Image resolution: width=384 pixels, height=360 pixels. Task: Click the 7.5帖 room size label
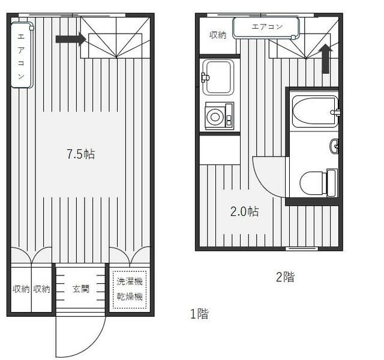tap(80, 154)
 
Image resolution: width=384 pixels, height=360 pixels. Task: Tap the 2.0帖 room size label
tap(244, 212)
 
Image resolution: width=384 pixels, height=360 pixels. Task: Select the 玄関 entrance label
tap(80, 289)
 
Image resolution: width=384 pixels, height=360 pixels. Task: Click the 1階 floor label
tap(199, 314)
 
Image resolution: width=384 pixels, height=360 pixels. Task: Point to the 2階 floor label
tap(286, 277)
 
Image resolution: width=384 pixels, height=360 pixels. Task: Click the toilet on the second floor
tap(319, 183)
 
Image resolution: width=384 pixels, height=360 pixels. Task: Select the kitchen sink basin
tap(218, 77)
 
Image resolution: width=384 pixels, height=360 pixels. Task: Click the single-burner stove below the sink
tap(219, 116)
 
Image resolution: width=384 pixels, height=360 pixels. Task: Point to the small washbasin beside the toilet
tap(334, 146)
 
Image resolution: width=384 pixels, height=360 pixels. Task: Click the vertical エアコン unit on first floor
tap(22, 55)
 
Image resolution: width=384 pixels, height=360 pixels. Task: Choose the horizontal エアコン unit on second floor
tap(266, 28)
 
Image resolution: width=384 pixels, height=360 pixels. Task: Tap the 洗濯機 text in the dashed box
tap(130, 281)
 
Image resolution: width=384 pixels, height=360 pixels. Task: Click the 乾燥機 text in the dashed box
tap(130, 296)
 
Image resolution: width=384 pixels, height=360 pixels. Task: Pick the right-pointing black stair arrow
tap(71, 39)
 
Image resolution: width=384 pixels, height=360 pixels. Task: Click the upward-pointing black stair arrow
tap(325, 59)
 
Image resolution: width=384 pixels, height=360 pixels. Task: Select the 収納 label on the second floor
tap(217, 35)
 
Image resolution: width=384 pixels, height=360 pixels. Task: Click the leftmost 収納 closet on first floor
tap(21, 289)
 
